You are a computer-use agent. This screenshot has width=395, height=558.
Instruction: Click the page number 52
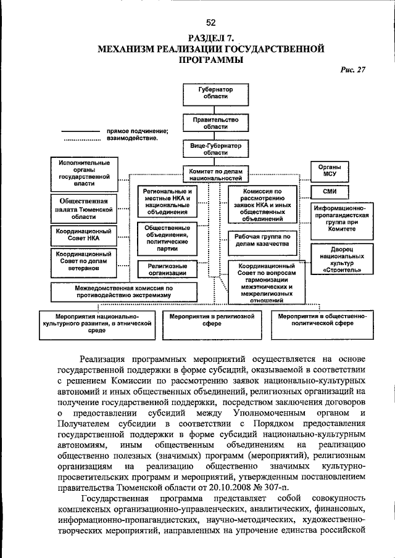point(210,23)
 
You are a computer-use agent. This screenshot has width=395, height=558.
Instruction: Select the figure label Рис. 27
point(352,70)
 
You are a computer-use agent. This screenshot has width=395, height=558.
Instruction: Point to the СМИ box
point(330,192)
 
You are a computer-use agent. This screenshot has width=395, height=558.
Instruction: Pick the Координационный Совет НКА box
point(84,234)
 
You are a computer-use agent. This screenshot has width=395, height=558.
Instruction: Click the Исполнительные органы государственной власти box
point(84,173)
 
